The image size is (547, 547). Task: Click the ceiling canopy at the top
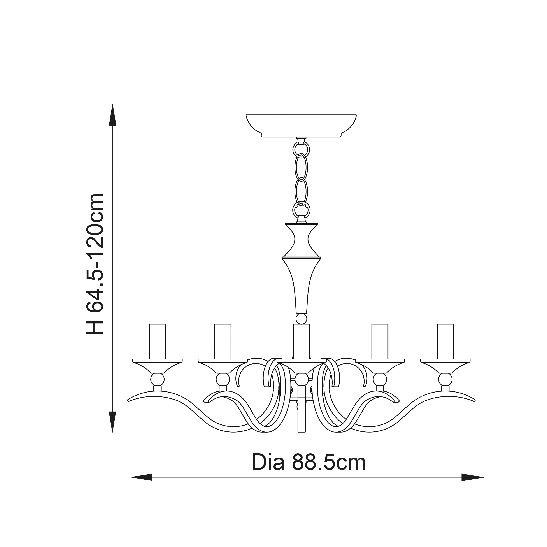point(301,126)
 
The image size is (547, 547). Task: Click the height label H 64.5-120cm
point(95,264)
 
